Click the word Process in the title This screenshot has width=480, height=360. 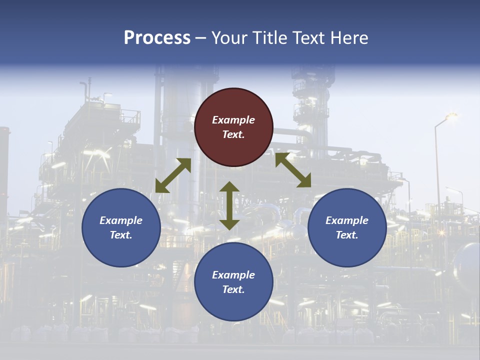157,38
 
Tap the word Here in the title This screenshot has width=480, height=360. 350,38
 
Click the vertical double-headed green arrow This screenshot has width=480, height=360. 229,205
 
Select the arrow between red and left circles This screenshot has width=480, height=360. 173,175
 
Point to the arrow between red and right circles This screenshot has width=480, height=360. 293,170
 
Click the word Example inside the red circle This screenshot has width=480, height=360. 233,120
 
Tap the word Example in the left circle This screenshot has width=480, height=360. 121,220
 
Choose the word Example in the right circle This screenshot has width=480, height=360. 347,220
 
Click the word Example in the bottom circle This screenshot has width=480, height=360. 233,275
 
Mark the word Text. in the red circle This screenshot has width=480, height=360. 233,134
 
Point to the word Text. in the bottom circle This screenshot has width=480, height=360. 233,289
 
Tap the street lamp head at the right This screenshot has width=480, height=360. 451,116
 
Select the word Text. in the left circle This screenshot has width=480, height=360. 121,235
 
